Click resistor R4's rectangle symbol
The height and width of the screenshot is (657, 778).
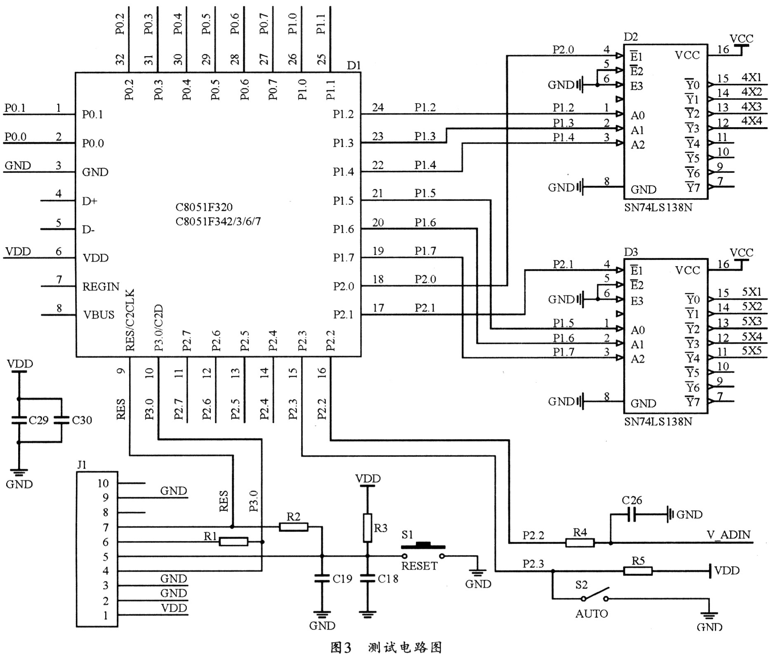[x=580, y=543]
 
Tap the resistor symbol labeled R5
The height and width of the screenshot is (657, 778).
[x=638, y=571]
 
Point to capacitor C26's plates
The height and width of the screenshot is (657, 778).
[x=630, y=514]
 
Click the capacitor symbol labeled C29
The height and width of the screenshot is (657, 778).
[x=19, y=420]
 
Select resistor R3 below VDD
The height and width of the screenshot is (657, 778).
[x=367, y=528]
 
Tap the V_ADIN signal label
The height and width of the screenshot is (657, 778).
[x=728, y=535]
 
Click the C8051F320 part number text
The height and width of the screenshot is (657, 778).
[x=204, y=207]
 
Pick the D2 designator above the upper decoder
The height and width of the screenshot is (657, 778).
[x=631, y=37]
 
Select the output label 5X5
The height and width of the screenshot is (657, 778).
[x=752, y=351]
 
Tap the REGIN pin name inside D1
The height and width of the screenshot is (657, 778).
[x=101, y=286]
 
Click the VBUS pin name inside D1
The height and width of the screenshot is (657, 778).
[x=99, y=315]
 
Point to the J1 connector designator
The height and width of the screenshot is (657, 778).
[x=82, y=465]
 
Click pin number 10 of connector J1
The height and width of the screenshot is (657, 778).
[x=103, y=483]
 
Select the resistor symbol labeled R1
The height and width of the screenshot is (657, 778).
[x=233, y=542]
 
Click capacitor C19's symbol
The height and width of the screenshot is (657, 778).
[x=322, y=579]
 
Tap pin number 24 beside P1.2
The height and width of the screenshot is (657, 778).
[x=378, y=108]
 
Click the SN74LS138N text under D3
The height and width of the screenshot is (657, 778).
[x=658, y=421]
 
